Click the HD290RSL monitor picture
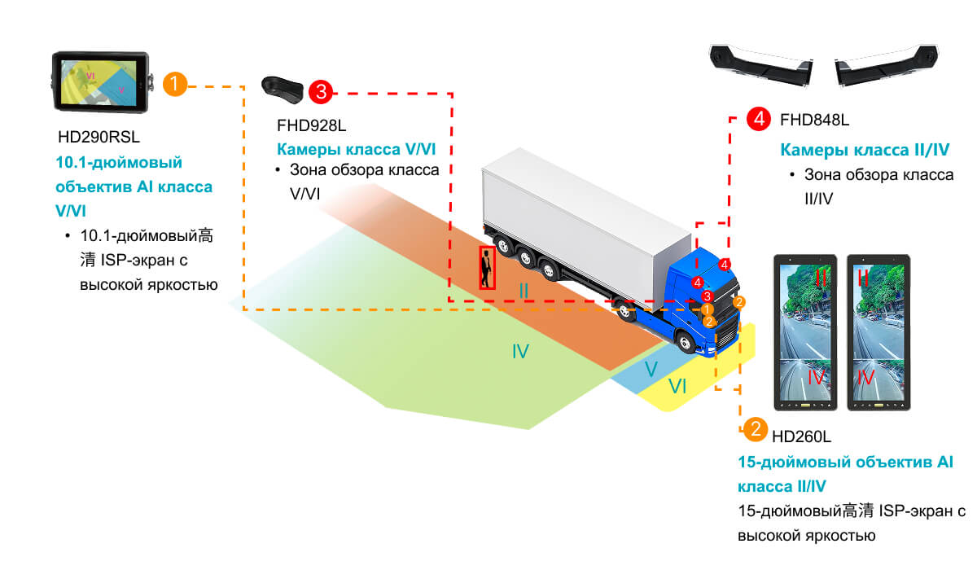102,82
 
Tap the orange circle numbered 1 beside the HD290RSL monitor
175,84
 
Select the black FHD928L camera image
283,87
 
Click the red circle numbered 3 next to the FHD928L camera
321,92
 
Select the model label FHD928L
310,126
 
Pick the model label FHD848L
814,120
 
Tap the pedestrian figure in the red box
487,268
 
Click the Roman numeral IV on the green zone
520,352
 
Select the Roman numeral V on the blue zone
651,369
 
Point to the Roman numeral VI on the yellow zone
677,387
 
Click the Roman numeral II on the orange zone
524,290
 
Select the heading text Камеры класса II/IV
865,151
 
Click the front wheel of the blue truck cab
688,340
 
